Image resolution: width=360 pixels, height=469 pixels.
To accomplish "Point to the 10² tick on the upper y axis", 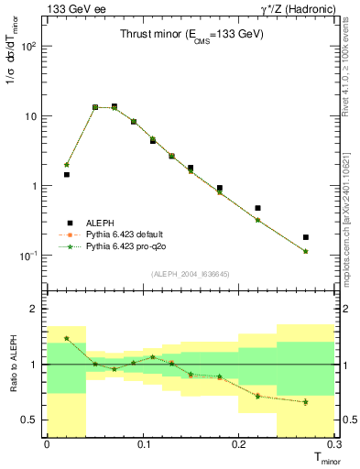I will pos(31,47).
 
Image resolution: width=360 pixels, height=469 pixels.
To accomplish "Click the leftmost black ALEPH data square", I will pos(66,174).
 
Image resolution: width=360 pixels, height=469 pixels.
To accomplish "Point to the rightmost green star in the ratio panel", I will pos(306,401).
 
